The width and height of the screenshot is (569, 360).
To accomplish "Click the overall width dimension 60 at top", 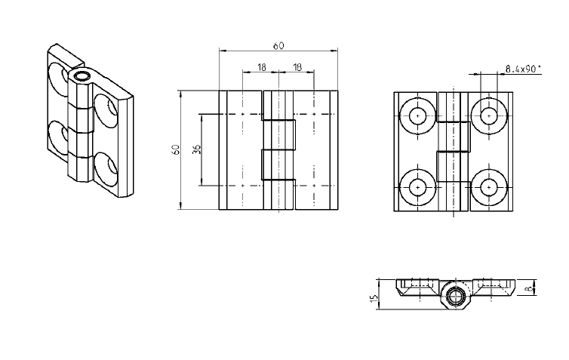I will [x=278, y=46].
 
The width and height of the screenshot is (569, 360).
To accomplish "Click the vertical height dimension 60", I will [x=176, y=149].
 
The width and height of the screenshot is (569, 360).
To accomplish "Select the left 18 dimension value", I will [x=261, y=68].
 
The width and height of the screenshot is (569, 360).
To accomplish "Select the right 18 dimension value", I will [x=297, y=68].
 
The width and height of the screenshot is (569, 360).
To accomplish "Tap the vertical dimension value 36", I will [x=196, y=149].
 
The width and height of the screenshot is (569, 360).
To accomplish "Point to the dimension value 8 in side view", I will [x=531, y=287].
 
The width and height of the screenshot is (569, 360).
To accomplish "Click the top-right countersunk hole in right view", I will [x=489, y=115].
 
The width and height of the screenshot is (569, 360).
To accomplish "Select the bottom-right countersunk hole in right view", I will [x=489, y=186].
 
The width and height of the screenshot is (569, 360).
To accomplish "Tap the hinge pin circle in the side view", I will [x=454, y=297].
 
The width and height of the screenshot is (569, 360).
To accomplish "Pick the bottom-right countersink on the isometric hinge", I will [x=106, y=168].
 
